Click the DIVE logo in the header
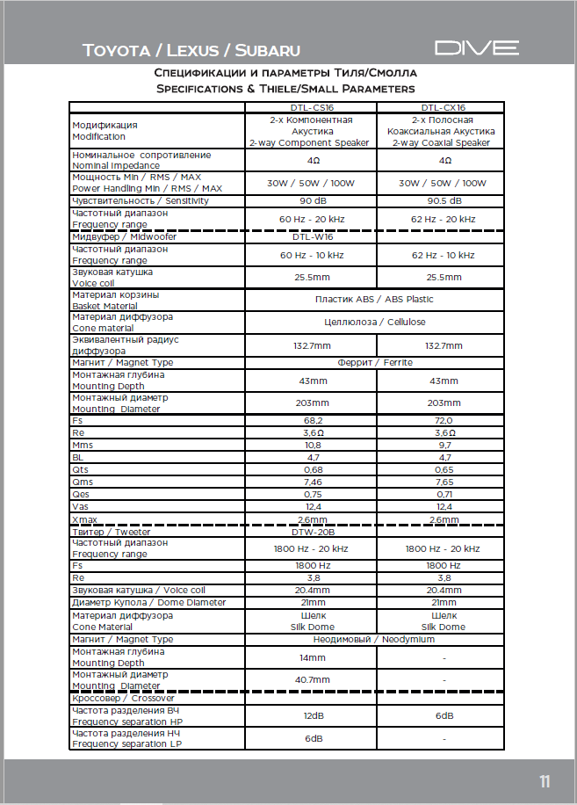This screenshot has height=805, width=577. (x=477, y=48)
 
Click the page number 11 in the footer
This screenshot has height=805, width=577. (x=545, y=780)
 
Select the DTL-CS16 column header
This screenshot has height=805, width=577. (x=312, y=107)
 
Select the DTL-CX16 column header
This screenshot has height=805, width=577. (x=442, y=107)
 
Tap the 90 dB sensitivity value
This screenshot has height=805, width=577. (x=312, y=200)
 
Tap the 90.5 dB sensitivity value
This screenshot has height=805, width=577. (x=442, y=200)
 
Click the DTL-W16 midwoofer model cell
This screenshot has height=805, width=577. (x=312, y=236)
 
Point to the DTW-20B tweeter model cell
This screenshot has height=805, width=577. (x=312, y=532)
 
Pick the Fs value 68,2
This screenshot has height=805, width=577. (x=312, y=421)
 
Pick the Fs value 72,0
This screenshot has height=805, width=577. (x=442, y=421)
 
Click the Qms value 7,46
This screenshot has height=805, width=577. (x=312, y=482)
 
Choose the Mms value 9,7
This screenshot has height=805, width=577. (x=442, y=446)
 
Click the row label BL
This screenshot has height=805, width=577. (x=77, y=458)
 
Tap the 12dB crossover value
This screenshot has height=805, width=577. (x=312, y=715)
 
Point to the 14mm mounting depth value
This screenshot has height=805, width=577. (x=312, y=657)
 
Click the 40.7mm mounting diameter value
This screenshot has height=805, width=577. (x=312, y=680)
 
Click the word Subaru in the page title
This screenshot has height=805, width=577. (x=263, y=50)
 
